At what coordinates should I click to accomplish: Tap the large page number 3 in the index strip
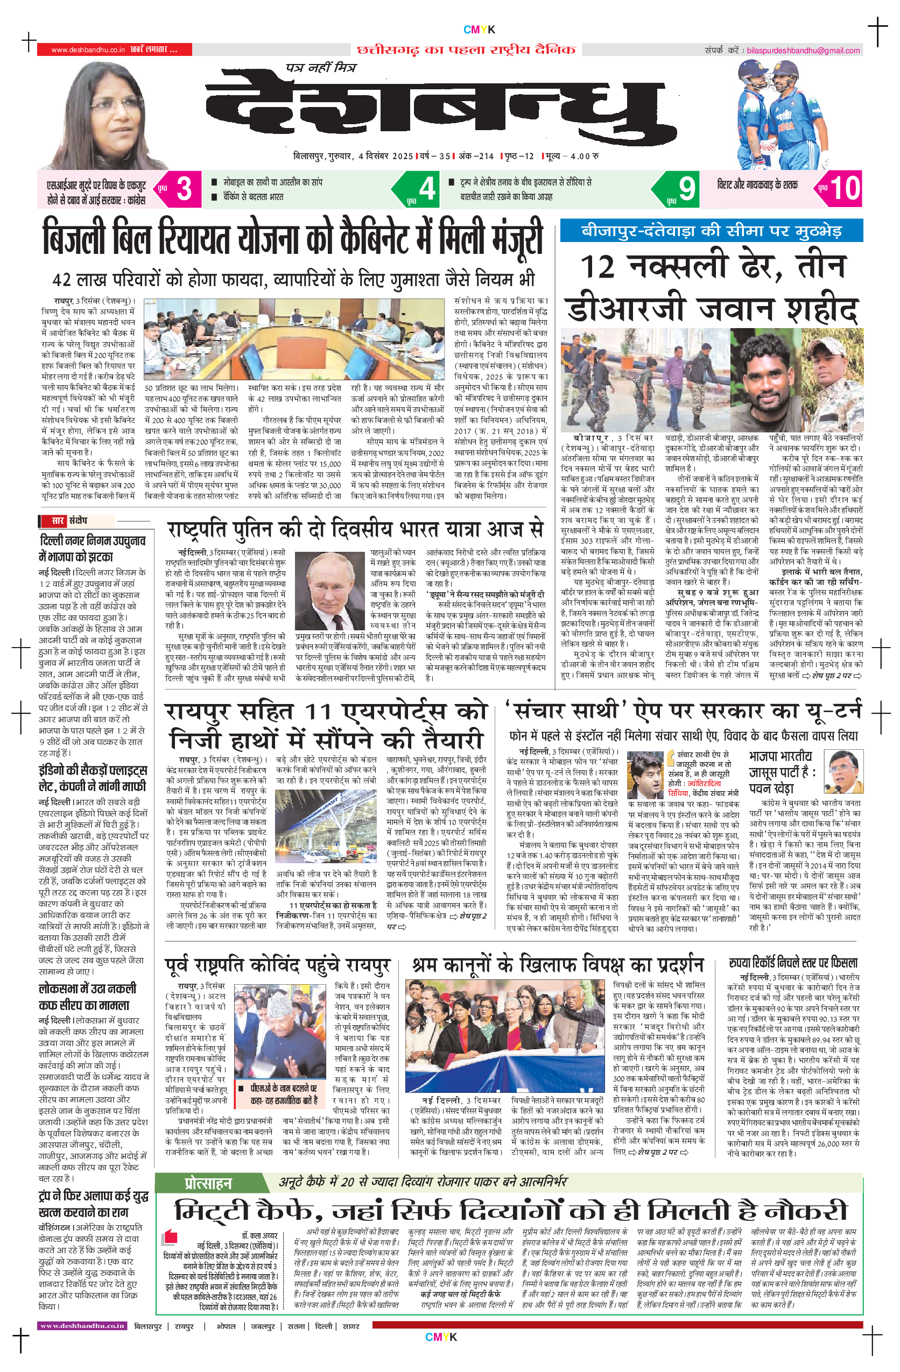(x=184, y=188)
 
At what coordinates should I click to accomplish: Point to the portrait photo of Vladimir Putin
(x=330, y=592)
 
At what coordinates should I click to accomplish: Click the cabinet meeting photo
(x=294, y=338)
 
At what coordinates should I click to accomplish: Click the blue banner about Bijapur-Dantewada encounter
(x=711, y=231)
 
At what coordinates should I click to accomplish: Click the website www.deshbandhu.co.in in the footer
(x=82, y=1326)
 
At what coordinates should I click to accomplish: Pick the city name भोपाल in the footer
(x=226, y=1326)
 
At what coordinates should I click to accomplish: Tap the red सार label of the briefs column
(x=58, y=521)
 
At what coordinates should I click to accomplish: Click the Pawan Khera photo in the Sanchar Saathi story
(x=843, y=772)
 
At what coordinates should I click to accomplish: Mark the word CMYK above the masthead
(x=479, y=30)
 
